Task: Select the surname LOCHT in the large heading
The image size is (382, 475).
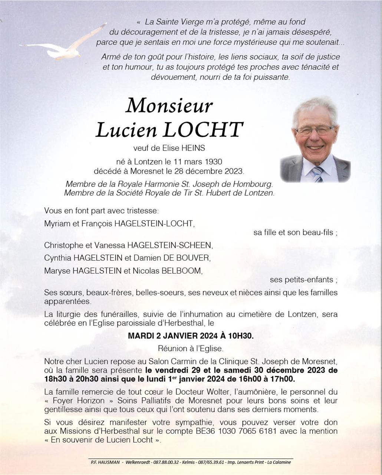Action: click(x=203, y=130)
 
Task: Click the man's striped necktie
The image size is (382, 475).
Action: click(x=317, y=174)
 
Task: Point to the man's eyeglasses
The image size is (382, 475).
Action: click(x=315, y=130)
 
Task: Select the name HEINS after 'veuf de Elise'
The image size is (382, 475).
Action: click(x=193, y=148)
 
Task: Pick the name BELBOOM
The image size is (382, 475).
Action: click(x=181, y=271)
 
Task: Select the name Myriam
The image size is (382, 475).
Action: click(x=56, y=223)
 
